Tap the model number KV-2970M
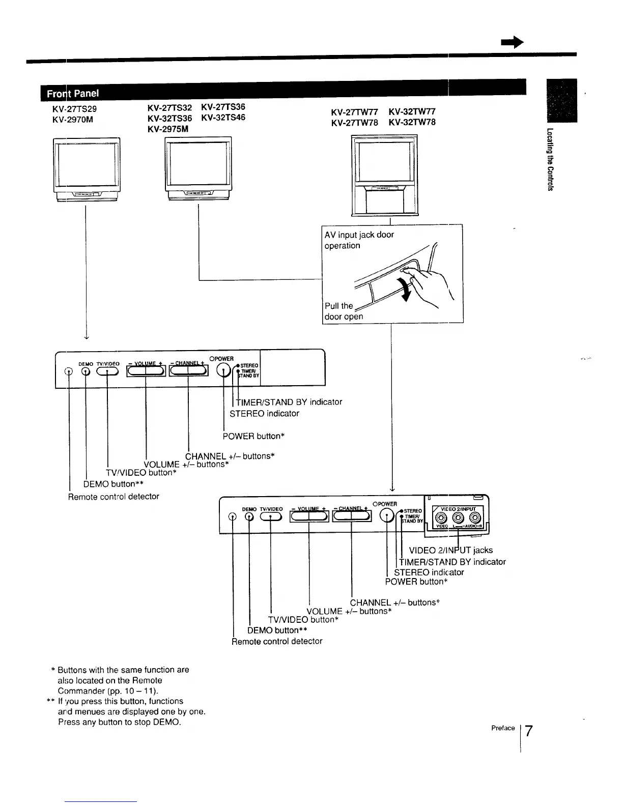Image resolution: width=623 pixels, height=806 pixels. click(72, 120)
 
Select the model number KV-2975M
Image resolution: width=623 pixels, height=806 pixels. click(167, 129)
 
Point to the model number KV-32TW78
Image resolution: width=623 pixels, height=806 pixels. click(412, 122)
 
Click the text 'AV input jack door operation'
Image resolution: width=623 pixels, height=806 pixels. click(359, 240)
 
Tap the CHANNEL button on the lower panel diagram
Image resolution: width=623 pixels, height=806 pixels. click(351, 516)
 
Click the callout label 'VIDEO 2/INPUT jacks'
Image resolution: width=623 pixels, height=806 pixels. click(450, 550)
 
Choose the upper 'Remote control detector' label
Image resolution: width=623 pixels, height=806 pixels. click(114, 496)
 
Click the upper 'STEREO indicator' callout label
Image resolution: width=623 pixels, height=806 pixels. click(264, 413)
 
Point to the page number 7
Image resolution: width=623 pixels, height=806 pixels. click(529, 731)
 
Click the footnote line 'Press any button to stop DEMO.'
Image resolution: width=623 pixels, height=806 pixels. click(120, 722)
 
